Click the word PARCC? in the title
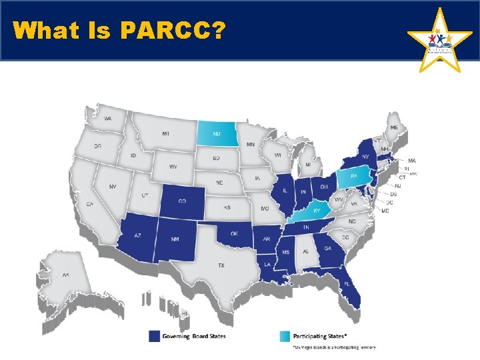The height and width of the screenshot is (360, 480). click(x=173, y=31)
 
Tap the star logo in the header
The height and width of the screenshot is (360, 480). click(x=439, y=41)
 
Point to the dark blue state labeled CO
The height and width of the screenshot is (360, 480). click(x=182, y=201)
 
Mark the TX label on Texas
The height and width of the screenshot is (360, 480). click(x=221, y=265)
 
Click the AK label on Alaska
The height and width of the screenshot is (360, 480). click(x=66, y=275)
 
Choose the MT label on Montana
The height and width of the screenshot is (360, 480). click(x=165, y=134)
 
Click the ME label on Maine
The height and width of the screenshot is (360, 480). click(x=395, y=127)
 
